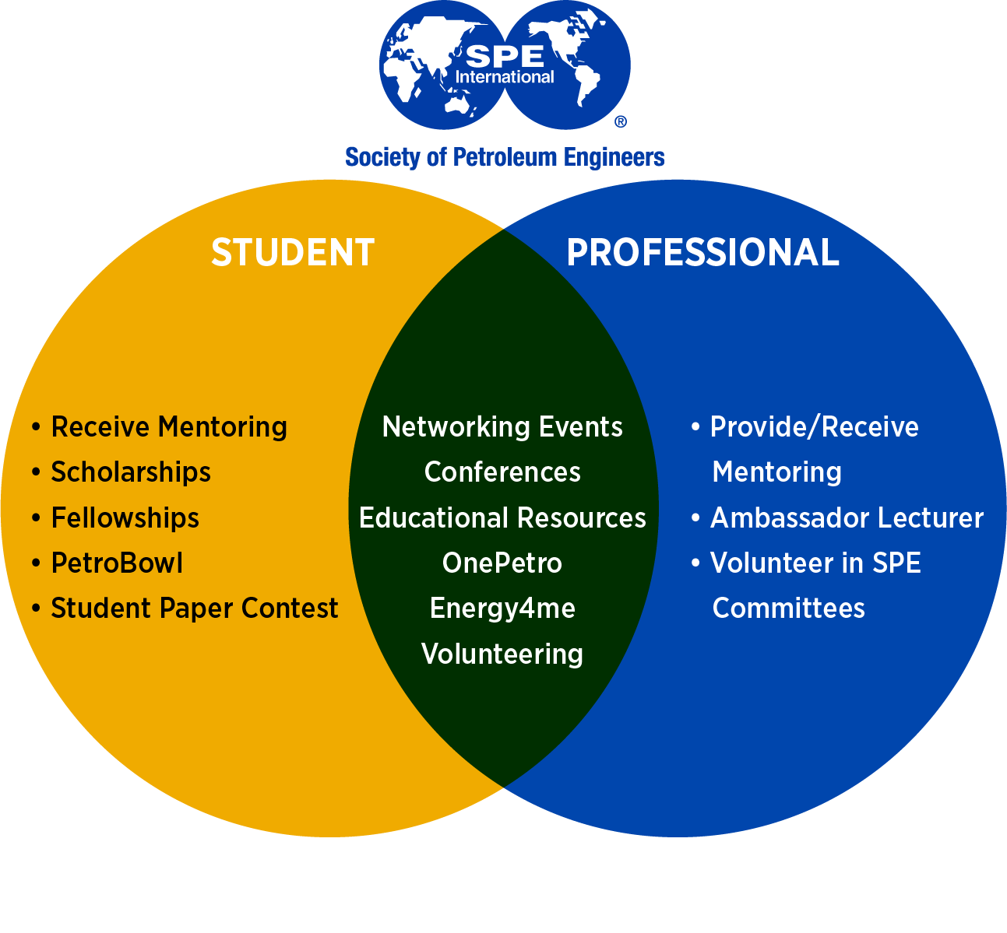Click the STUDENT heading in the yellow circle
coord(293,253)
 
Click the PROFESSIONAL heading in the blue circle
coord(702,253)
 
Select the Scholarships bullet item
coord(131,472)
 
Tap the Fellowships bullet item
coord(125,518)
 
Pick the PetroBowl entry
coord(117,563)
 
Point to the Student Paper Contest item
coord(195,609)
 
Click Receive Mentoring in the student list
coord(169,427)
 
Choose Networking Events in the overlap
coord(502,427)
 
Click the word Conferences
coord(502,472)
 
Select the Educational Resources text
coord(502,518)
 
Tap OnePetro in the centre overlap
coord(502,563)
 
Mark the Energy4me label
coord(502,609)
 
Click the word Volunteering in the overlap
coord(502,654)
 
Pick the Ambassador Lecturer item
coord(847,518)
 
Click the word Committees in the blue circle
coord(788,609)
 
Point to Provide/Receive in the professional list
coord(814,427)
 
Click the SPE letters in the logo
coord(505,57)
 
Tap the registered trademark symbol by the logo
coord(621,121)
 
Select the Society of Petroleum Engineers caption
coord(505,157)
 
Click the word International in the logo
coord(505,77)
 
